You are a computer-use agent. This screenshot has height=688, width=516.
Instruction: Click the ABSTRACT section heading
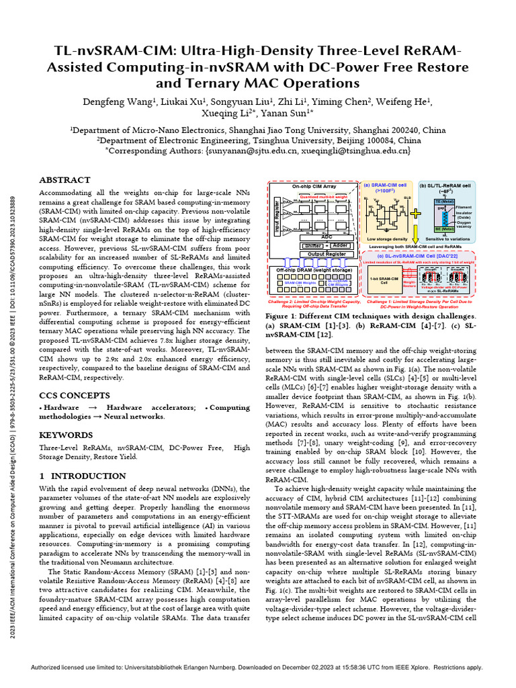pos(64,181)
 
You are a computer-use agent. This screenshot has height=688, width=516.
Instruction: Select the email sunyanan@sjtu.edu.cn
pos(232,152)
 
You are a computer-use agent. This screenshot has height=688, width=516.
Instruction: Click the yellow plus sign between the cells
pos(415,213)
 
